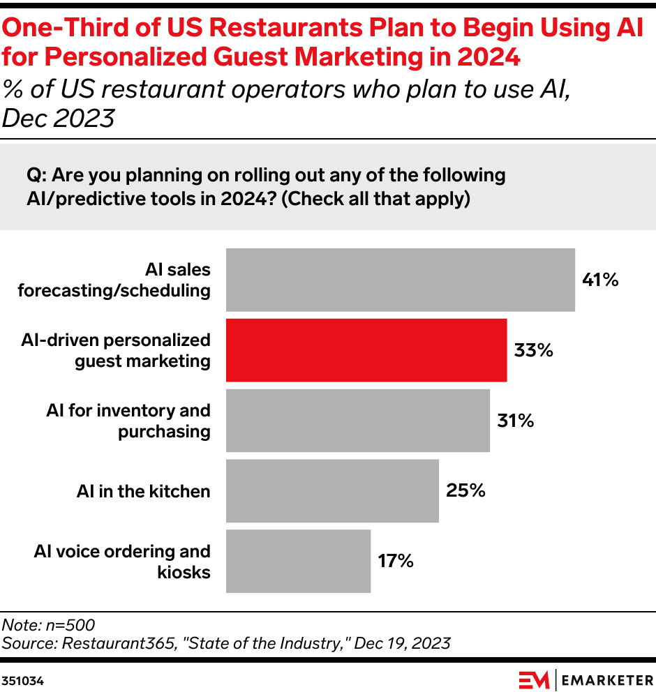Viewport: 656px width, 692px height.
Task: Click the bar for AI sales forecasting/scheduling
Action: [x=400, y=280]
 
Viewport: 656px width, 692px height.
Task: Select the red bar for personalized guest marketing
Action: [x=366, y=350]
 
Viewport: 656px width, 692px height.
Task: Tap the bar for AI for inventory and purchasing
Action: [x=357, y=421]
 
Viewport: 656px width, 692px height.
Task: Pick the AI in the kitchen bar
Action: [x=332, y=490]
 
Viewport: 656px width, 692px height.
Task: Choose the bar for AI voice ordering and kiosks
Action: [x=298, y=561]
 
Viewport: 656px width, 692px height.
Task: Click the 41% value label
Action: [x=600, y=280]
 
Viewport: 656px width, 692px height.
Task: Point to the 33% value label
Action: [x=533, y=350]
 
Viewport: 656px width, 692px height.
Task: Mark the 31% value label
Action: [x=515, y=421]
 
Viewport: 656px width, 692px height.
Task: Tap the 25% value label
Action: [x=465, y=490]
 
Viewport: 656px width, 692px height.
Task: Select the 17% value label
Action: [x=396, y=561]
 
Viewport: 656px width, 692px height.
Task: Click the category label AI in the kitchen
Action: [x=143, y=491]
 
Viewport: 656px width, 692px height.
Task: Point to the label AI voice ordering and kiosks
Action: [x=122, y=562]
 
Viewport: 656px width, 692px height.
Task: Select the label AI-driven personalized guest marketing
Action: [x=116, y=350]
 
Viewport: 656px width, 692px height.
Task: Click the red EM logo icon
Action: [x=534, y=679]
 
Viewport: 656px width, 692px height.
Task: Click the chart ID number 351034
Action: [x=22, y=679]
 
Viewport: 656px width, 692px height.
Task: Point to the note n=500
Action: [x=48, y=625]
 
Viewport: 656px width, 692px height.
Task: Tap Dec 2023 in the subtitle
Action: [x=59, y=118]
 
